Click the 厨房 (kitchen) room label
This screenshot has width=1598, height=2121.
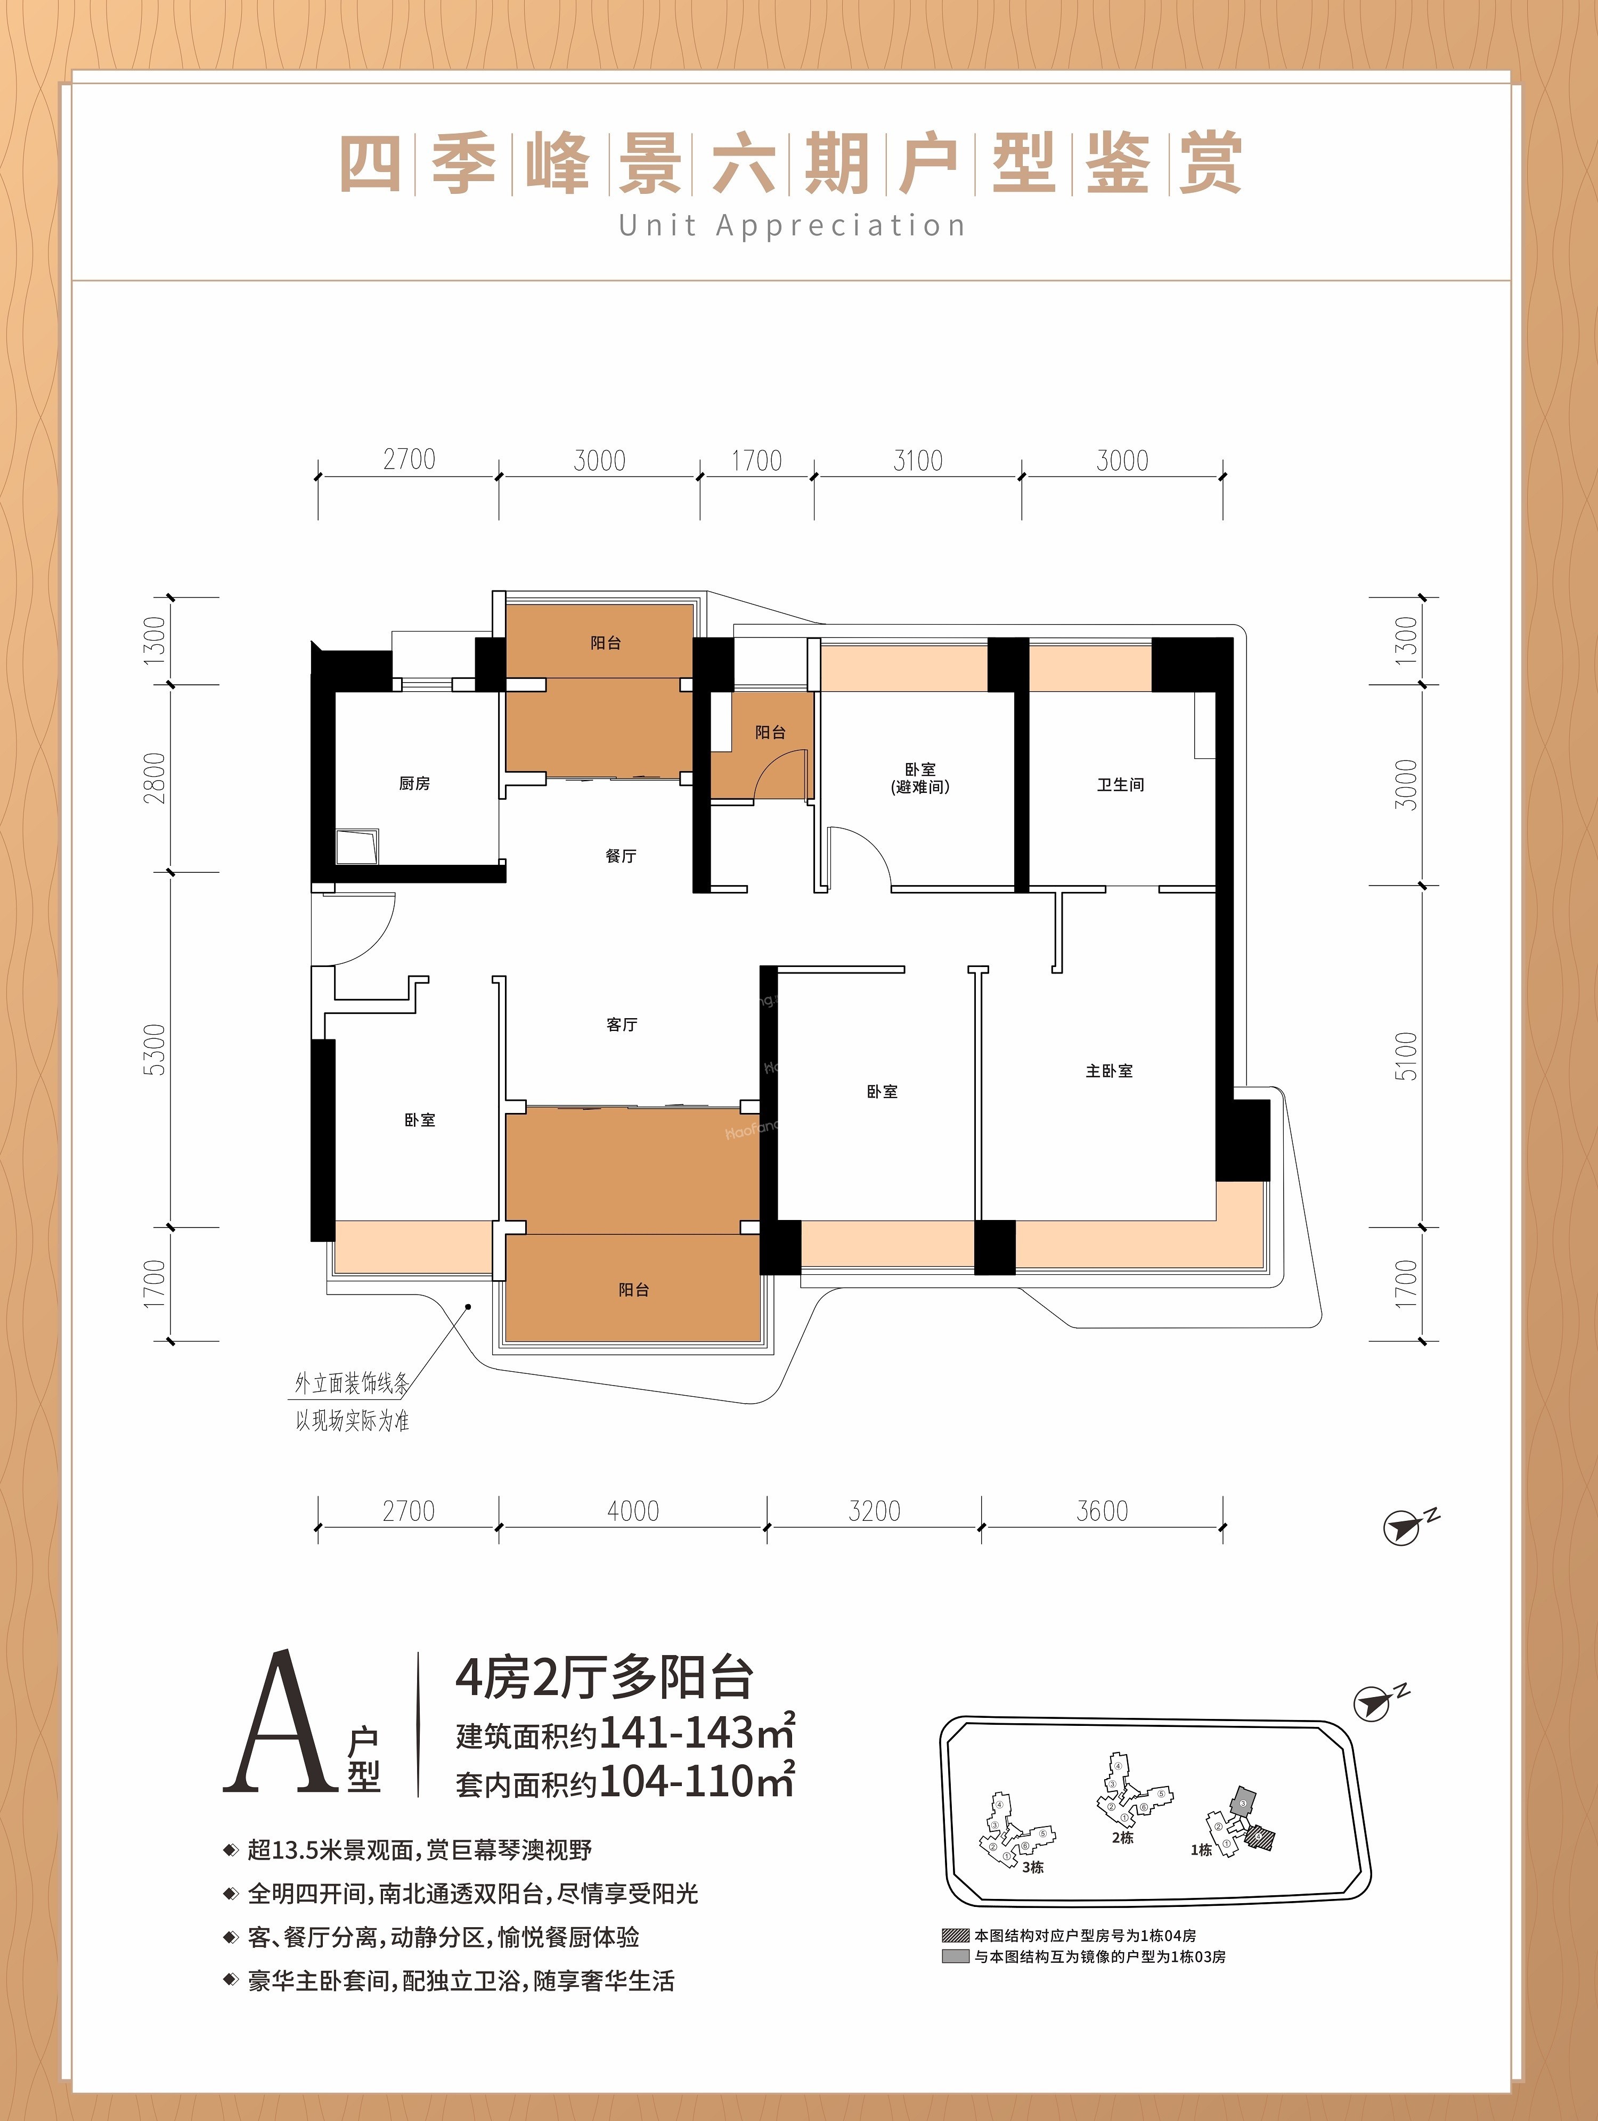coord(414,783)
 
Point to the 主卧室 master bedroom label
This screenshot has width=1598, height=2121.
coord(1109,1071)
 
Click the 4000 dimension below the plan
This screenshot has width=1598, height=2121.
coord(633,1511)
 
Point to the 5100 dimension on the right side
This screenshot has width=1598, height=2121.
coord(1405,1055)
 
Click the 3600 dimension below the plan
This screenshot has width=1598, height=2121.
coord(1102,1511)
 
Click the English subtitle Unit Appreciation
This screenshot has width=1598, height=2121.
coord(792,226)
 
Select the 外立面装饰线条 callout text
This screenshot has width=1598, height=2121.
coord(352,1383)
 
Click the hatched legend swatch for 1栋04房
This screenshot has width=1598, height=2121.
coord(956,1935)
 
